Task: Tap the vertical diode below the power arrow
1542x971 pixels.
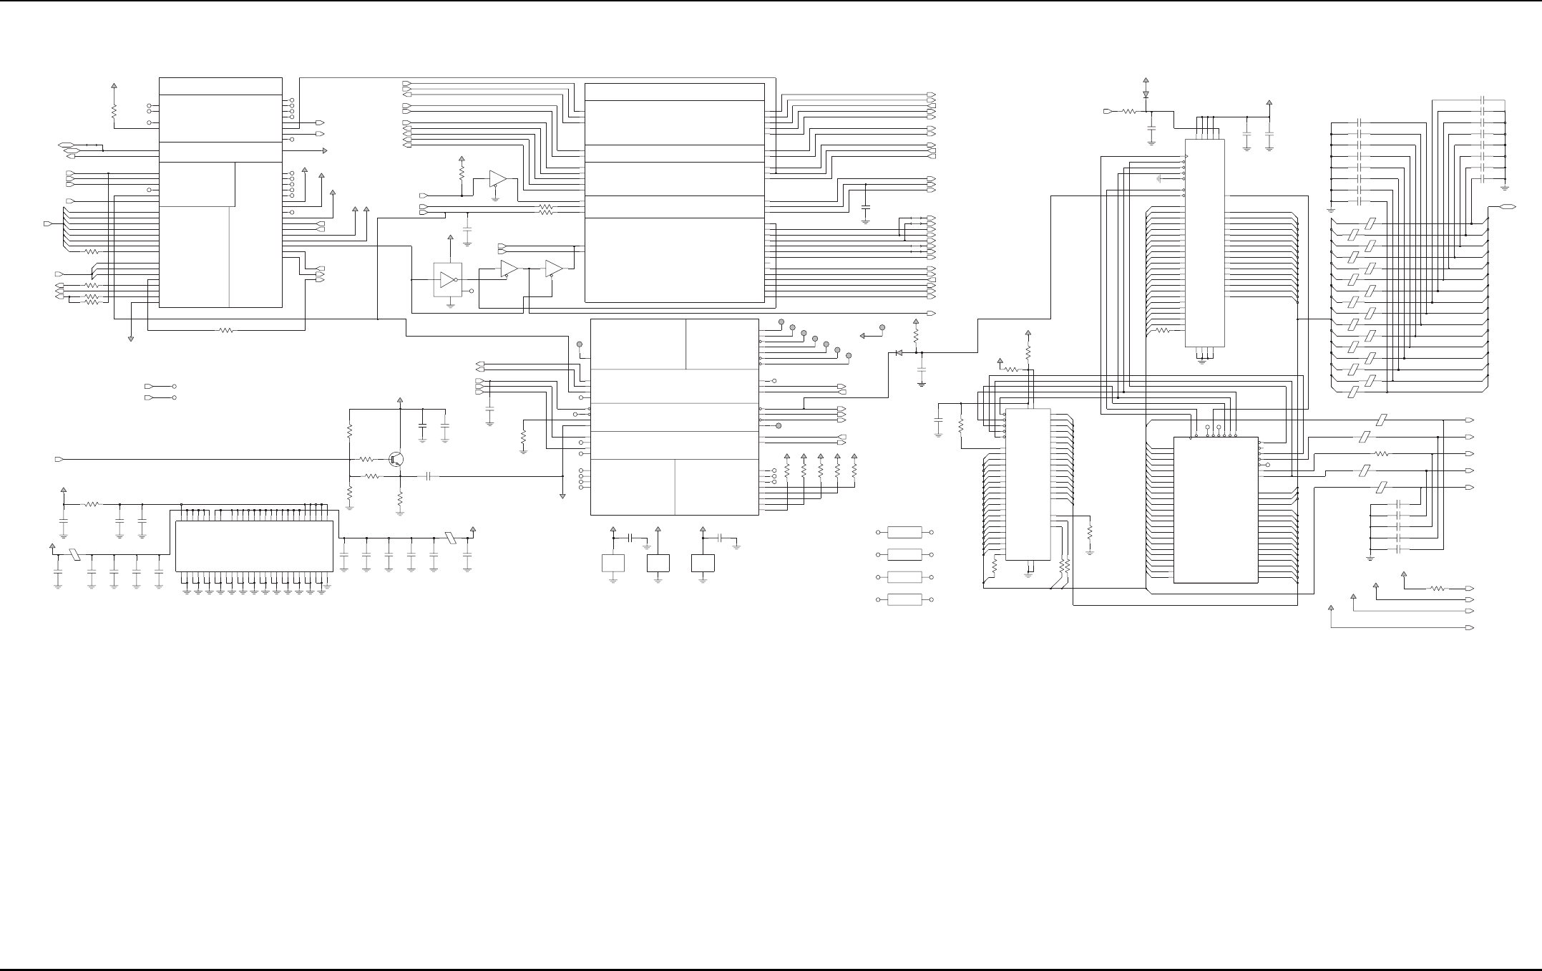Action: (x=1146, y=94)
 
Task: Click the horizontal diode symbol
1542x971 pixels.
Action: (x=898, y=353)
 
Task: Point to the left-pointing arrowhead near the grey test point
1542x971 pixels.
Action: (x=864, y=335)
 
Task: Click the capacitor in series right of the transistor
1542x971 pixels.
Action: (x=429, y=475)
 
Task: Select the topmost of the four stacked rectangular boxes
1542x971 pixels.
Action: (x=904, y=533)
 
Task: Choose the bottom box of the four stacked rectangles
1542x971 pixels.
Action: (x=904, y=599)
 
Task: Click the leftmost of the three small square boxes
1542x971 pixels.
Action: (x=613, y=563)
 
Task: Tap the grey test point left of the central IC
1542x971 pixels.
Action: (x=580, y=344)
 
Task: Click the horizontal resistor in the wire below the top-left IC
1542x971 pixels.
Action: (x=226, y=330)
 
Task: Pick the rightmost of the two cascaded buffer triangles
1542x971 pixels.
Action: (x=553, y=269)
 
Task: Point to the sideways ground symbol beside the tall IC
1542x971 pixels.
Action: (x=1159, y=178)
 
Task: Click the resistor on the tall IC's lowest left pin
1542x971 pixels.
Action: (x=1162, y=331)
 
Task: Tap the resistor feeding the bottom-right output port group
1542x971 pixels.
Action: (x=1438, y=589)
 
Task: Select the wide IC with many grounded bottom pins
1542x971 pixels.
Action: (x=254, y=546)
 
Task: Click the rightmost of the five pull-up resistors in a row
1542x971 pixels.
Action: (x=854, y=470)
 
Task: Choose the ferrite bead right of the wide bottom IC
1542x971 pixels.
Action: (x=450, y=537)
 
